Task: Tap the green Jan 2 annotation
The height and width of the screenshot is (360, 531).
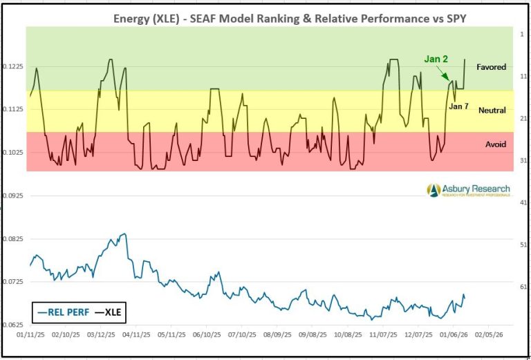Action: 436,59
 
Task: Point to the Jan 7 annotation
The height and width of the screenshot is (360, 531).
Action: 459,106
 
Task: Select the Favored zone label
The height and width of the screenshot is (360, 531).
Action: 492,67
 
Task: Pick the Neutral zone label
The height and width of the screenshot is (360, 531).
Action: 492,110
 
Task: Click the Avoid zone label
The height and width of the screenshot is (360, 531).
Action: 495,144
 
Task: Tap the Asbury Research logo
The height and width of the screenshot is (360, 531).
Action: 468,189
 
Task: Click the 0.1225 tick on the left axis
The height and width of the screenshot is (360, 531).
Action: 12,66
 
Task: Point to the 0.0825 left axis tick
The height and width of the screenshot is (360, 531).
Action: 12,238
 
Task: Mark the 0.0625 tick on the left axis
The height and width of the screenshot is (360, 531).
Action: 12,324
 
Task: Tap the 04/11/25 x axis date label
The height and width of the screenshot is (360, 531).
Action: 136,334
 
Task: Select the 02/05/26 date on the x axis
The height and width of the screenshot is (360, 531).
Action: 489,334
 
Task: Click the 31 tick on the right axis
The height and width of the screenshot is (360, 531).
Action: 522,160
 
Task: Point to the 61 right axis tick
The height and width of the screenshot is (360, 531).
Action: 522,286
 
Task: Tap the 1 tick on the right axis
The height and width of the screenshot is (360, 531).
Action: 522,33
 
